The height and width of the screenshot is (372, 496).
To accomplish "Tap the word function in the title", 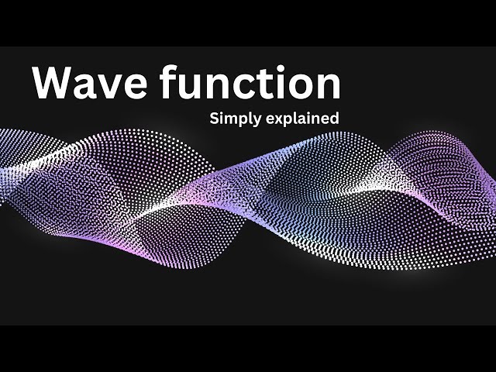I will pyautogui.click(x=250, y=84).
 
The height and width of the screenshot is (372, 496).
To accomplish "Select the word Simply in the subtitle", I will pyautogui.click(x=234, y=120).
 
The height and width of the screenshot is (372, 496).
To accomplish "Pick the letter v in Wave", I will pyautogui.click(x=109, y=88).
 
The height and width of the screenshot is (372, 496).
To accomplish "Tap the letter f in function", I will pyautogui.click(x=168, y=82).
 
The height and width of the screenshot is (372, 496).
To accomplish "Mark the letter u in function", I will pyautogui.click(x=191, y=88).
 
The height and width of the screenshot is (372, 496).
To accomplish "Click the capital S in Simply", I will pyautogui.click(x=213, y=119).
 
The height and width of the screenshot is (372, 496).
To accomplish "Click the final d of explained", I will pyautogui.click(x=335, y=119).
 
